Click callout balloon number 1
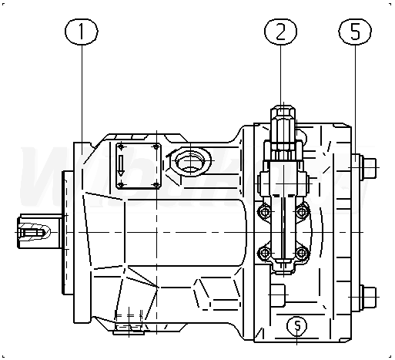pos(82,32)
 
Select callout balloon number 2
pos(280,32)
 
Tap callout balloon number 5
pos(355,32)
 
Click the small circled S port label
pos(297,325)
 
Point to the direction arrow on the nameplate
pos(121,166)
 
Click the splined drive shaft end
pos(34,232)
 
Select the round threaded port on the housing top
pos(190,161)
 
